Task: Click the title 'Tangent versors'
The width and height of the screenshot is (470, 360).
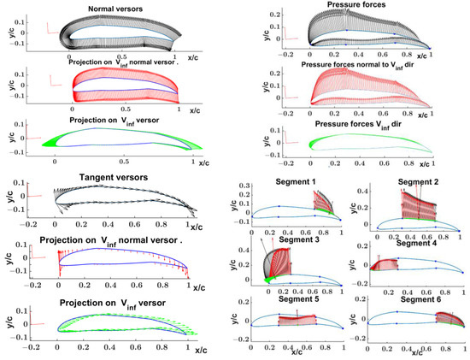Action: point(111,178)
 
